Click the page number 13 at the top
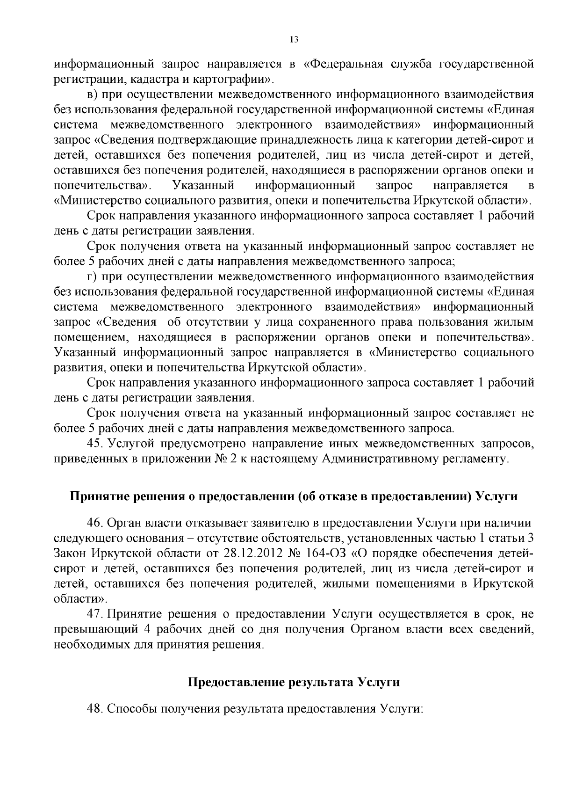(x=294, y=40)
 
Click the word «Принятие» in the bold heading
(x=98, y=496)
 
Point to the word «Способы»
(x=133, y=708)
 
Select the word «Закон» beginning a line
(x=69, y=553)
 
